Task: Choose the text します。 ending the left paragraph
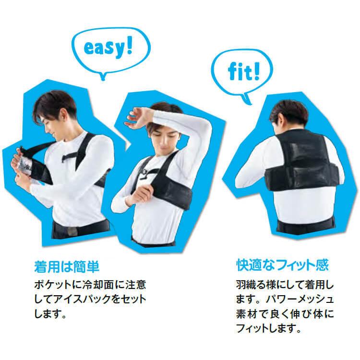click(x=50, y=315)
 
